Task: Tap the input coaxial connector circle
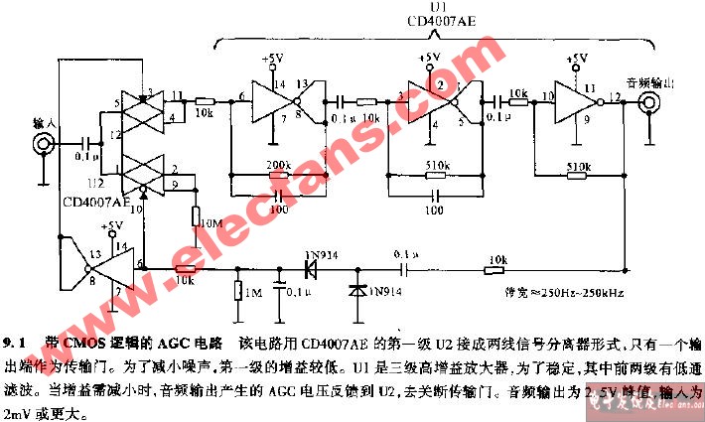(x=44, y=144)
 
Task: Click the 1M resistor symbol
(x=238, y=290)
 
